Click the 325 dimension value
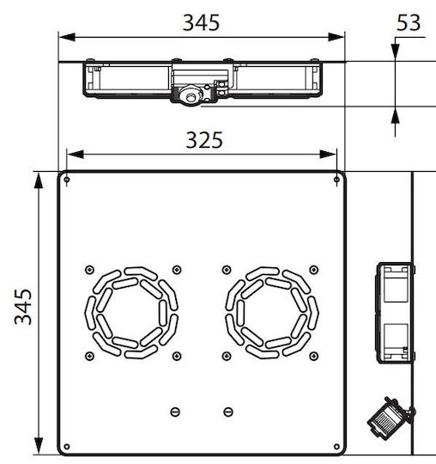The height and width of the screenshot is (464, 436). tap(204, 140)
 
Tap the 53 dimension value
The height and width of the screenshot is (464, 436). tap(409, 23)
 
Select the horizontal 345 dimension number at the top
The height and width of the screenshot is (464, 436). tap(202, 23)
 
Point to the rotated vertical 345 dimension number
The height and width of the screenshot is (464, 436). tap(23, 307)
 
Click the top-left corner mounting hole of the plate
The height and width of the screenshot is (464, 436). tap(67, 180)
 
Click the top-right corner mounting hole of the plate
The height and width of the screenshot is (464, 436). tap(336, 180)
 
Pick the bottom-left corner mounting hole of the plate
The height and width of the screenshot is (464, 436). tap(67, 447)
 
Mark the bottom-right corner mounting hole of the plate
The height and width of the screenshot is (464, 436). tap(336, 447)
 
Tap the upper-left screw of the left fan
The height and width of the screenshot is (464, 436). tap(89, 270)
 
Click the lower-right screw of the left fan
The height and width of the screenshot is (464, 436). tap(177, 356)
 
